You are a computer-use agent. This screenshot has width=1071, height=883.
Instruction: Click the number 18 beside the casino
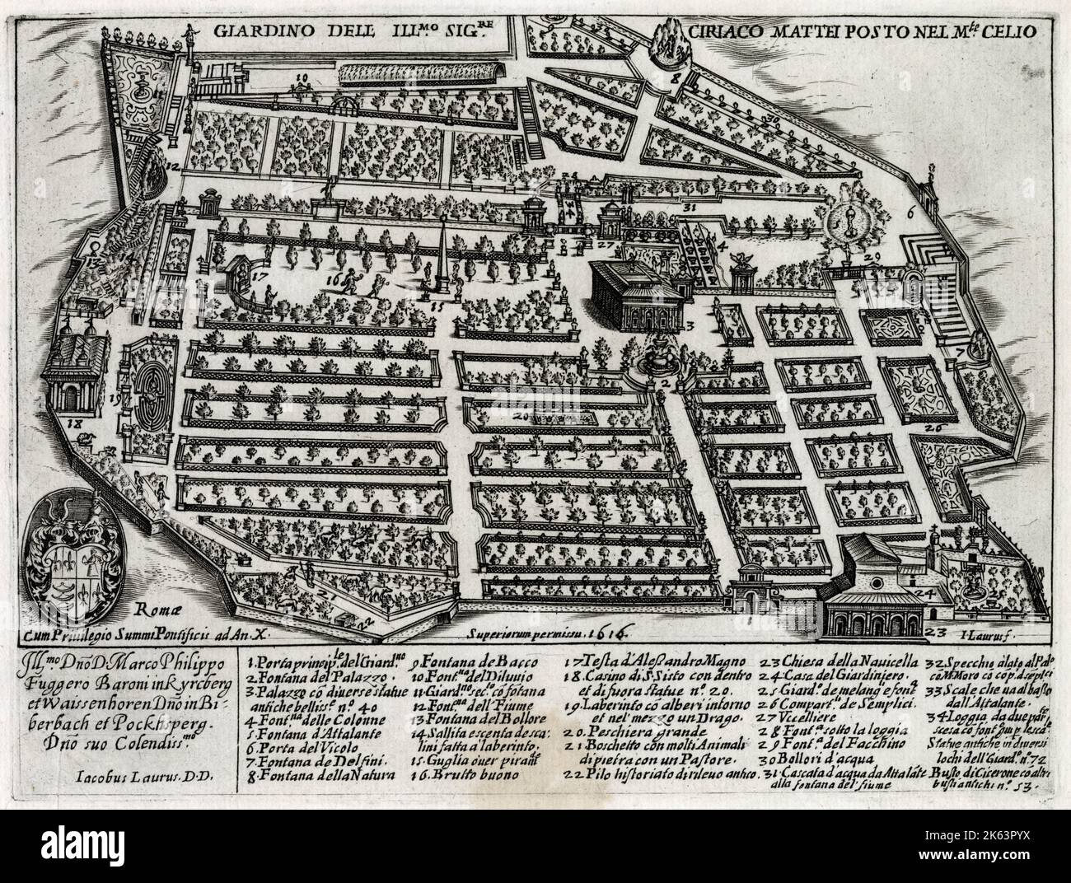[80, 425]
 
